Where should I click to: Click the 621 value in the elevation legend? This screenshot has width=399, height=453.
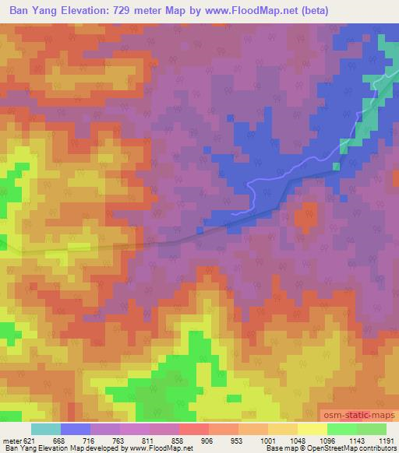[x=30, y=441]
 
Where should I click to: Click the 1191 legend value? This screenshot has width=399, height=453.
[x=387, y=441]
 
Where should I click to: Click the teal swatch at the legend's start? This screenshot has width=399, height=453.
[x=45, y=429]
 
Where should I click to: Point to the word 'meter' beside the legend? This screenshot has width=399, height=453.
[x=11, y=441]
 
